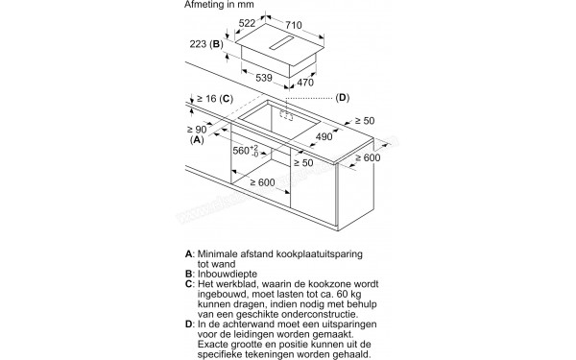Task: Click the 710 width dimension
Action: (294, 25)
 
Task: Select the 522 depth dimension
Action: (247, 23)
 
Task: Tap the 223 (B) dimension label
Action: (206, 44)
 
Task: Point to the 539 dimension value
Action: (264, 78)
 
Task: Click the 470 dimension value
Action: (305, 83)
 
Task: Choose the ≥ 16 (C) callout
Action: (215, 99)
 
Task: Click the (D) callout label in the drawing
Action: (343, 98)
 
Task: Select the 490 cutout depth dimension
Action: (324, 136)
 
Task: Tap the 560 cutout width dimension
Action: (246, 151)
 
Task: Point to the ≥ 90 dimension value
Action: (197, 130)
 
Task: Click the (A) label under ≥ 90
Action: (197, 139)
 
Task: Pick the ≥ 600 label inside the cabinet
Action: (262, 182)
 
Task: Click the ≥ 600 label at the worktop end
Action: (368, 157)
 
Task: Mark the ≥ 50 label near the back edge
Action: (365, 121)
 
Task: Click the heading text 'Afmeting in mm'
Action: (219, 5)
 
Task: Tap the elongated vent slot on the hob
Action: (281, 43)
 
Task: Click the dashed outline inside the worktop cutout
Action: (286, 114)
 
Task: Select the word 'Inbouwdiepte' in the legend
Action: (228, 274)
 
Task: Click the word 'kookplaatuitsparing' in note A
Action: (320, 254)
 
